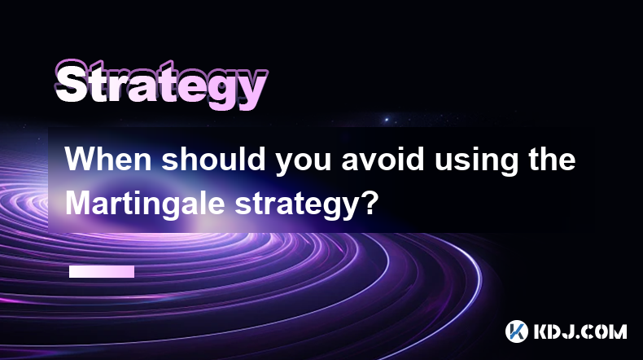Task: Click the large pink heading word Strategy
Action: [x=161, y=85]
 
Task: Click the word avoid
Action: [x=383, y=159]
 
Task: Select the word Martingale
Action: [x=145, y=204]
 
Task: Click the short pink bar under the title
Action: [x=102, y=272]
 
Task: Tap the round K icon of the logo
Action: [x=517, y=331]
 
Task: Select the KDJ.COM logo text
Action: [x=580, y=331]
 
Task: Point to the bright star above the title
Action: [x=387, y=120]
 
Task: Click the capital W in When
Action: [x=81, y=159]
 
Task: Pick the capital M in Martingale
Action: [x=78, y=203]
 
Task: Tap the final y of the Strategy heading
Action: [x=252, y=90]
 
